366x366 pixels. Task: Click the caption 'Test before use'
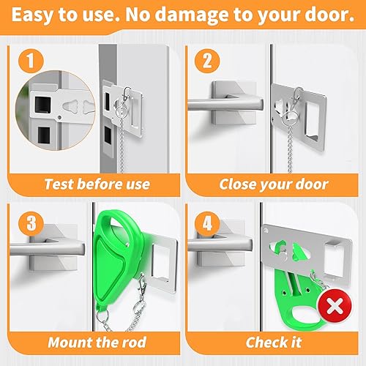97,184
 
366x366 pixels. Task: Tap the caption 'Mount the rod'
97,342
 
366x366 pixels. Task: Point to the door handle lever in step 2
220,110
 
